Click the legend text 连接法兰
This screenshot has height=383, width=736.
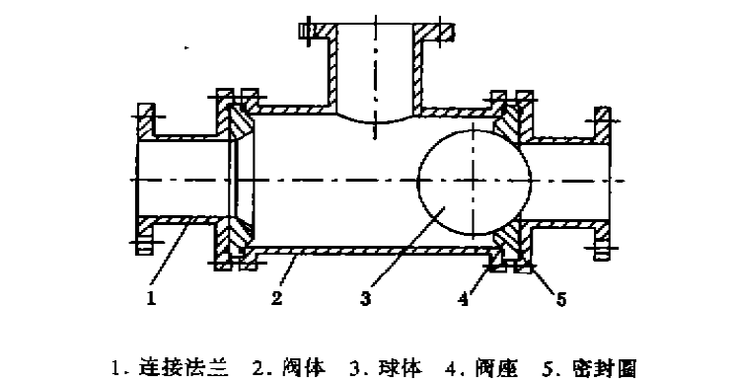193,367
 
